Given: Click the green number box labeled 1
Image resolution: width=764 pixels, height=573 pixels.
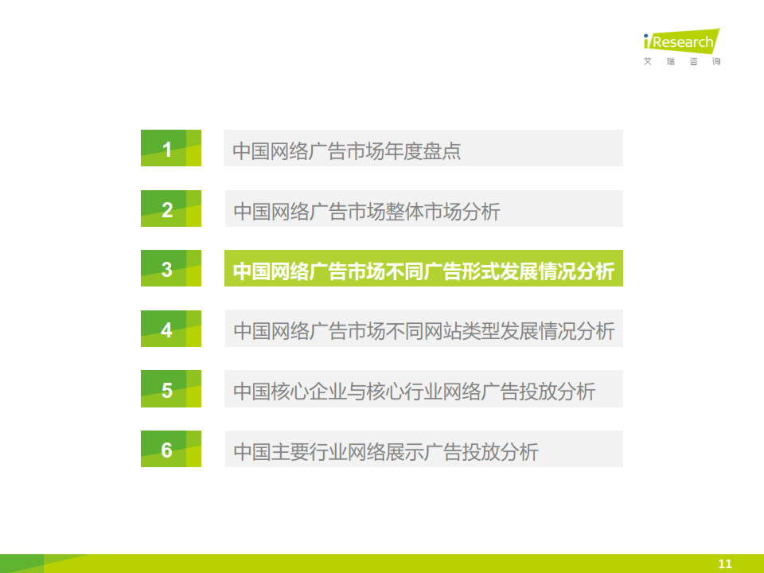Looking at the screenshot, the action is pyautogui.click(x=171, y=148).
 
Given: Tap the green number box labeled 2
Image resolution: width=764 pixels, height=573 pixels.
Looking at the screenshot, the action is pyautogui.click(x=171, y=209).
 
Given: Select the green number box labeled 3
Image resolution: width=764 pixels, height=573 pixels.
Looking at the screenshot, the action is pyautogui.click(x=171, y=268).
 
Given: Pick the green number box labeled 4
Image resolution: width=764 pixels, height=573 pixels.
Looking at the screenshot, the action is pyautogui.click(x=171, y=329).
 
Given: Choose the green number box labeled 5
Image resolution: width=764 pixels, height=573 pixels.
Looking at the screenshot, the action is pyautogui.click(x=171, y=389).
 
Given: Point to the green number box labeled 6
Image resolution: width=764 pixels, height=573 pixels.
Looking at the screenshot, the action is pyautogui.click(x=171, y=449).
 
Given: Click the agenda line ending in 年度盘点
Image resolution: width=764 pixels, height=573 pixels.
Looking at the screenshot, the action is pyautogui.click(x=346, y=151).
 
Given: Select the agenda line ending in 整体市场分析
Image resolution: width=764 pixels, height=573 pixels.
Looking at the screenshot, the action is pyautogui.click(x=366, y=212).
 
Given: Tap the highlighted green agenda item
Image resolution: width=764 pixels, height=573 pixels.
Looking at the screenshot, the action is pyautogui.click(x=423, y=268).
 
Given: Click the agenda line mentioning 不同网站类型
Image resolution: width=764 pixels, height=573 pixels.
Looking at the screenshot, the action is pyautogui.click(x=424, y=331).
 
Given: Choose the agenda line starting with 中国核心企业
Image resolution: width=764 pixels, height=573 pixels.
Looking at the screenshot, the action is pyautogui.click(x=414, y=392).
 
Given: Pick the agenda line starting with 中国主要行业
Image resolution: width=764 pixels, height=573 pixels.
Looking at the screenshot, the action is pyautogui.click(x=386, y=452).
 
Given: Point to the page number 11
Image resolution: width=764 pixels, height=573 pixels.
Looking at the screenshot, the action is pyautogui.click(x=725, y=563).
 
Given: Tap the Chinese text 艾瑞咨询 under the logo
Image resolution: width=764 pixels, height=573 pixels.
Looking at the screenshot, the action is pyautogui.click(x=682, y=61).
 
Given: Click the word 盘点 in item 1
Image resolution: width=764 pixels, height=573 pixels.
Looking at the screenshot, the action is pyautogui.click(x=442, y=151).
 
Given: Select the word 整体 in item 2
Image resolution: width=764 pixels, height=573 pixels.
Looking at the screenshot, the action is pyautogui.click(x=405, y=212).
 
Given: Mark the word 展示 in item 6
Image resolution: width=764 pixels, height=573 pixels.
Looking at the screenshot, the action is pyautogui.click(x=405, y=452).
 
